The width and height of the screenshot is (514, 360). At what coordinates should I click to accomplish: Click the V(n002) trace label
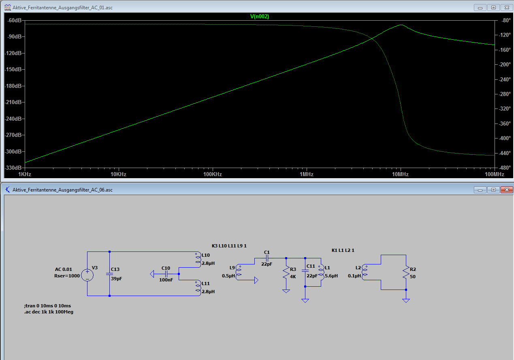[260, 17]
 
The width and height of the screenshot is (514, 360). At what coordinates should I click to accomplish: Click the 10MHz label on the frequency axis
[401, 175]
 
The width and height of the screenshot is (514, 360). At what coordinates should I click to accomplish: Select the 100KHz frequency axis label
[213, 175]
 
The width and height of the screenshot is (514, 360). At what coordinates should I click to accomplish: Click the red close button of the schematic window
[507, 190]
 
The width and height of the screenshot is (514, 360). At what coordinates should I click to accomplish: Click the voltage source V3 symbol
[87, 275]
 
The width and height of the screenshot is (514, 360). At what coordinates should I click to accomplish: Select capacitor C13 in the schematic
[110, 274]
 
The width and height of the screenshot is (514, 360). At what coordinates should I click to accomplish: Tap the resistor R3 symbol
[286, 273]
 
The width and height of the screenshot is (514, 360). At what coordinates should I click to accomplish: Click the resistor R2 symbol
[406, 273]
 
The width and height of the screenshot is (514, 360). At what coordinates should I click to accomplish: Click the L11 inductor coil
[198, 288]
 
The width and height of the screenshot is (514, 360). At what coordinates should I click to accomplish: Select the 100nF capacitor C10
[166, 274]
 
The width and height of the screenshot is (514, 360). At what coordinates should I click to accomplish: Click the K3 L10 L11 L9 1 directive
[229, 246]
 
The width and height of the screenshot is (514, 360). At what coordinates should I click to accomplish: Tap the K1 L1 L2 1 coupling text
[343, 250]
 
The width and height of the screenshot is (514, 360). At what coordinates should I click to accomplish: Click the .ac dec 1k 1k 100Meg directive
[49, 312]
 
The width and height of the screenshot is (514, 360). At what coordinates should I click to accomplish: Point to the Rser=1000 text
[67, 276]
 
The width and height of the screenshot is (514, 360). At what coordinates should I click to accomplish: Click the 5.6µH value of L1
[331, 276]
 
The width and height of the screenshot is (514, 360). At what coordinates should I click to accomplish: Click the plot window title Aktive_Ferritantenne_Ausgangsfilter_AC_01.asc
[62, 8]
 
